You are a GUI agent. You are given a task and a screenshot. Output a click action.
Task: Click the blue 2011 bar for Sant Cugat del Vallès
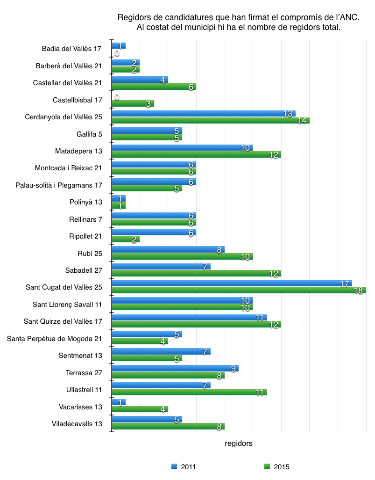click(231, 284)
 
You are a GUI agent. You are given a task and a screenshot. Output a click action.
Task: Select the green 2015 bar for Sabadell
click(196, 273)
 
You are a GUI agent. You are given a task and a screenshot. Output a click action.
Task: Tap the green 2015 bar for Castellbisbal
click(133, 103)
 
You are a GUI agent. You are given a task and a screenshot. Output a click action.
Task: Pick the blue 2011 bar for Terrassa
click(175, 368)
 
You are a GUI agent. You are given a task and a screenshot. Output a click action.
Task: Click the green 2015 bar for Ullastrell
click(189, 392)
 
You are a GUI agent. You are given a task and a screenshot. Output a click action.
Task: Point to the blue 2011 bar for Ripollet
click(154, 233)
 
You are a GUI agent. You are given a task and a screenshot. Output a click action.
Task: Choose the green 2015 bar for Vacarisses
click(140, 409)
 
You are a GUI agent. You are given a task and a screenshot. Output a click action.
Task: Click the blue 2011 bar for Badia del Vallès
click(119, 46)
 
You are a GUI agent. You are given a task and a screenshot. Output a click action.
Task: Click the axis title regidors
click(239, 443)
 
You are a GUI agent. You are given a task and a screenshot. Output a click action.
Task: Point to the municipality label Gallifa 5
click(89, 134)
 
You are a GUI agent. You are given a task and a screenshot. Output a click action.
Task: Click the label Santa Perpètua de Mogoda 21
click(55, 338)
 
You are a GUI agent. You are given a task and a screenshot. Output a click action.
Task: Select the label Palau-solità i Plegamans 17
click(59, 185)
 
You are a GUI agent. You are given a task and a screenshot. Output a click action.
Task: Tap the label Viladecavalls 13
click(77, 423)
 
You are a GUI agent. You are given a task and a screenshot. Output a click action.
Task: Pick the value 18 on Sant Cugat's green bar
click(358, 291)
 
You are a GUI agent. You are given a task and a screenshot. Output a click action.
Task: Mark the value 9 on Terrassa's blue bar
click(233, 369)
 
